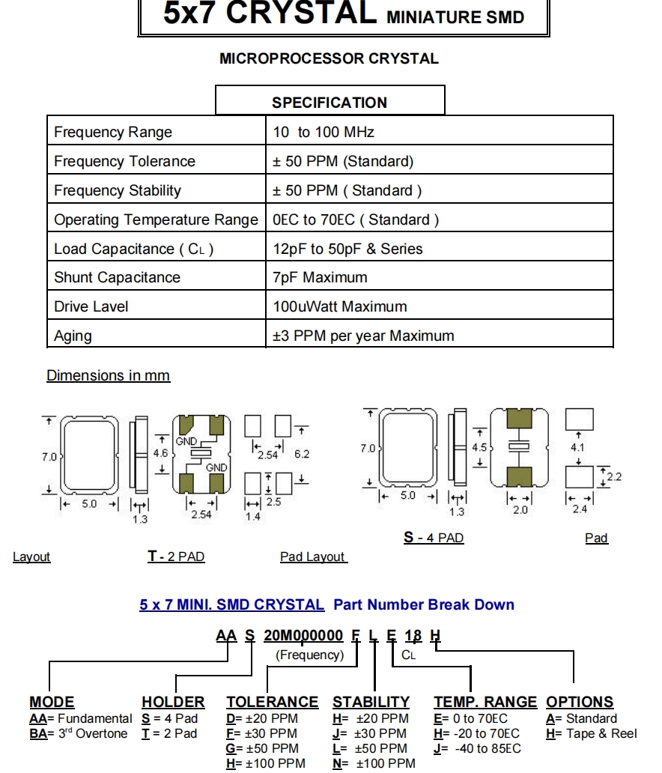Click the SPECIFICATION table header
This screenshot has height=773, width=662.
[330, 103]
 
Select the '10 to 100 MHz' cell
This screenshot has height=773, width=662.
[324, 133]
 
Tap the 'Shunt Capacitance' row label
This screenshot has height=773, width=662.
[117, 278]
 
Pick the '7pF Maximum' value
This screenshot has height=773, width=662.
[320, 278]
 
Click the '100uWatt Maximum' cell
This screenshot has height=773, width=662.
[340, 306]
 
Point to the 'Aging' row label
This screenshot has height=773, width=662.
[73, 336]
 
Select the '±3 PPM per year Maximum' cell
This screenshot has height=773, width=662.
[363, 336]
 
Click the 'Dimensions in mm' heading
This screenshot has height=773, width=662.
[108, 375]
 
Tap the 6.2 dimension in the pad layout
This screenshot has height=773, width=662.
[302, 454]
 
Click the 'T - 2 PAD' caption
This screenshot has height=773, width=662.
[176, 557]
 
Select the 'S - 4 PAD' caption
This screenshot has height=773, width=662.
[434, 538]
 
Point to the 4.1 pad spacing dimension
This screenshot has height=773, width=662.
[577, 448]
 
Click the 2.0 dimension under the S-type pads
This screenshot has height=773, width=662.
[520, 510]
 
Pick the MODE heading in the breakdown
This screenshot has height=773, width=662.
[52, 702]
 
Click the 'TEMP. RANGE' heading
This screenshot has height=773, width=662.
[485, 702]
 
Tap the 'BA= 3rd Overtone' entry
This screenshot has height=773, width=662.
[79, 733]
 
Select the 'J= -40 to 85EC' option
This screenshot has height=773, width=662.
[477, 748]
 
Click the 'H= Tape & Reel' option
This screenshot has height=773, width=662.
[592, 733]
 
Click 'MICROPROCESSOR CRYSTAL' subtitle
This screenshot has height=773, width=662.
[329, 58]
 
